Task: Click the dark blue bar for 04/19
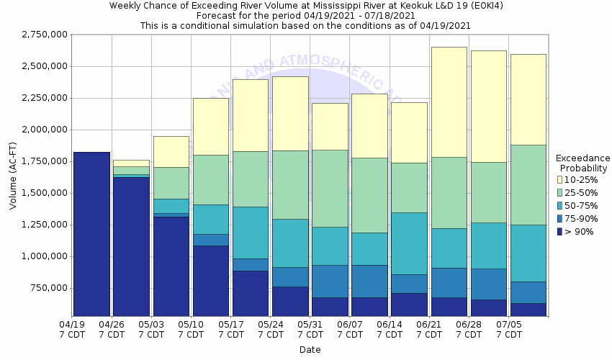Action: point(91,234)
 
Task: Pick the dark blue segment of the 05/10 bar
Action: point(211,281)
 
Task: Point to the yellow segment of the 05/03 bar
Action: point(171,151)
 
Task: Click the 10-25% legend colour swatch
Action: point(560,179)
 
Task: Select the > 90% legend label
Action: point(580,231)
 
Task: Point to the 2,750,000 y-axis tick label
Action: point(45,35)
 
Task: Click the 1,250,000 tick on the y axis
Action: point(45,225)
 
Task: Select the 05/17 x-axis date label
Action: point(230,330)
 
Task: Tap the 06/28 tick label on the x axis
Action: point(469,330)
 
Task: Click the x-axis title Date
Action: point(310,350)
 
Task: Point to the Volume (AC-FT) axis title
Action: point(12,176)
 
